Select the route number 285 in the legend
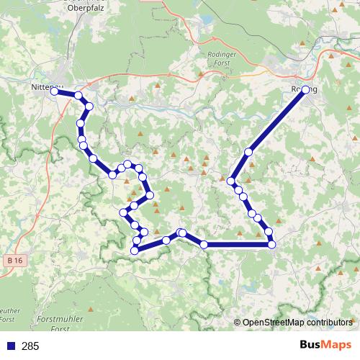[x=30, y=346]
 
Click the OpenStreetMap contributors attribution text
[x=297, y=323]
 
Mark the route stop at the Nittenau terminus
[x=55, y=91]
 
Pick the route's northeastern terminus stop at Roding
[x=306, y=90]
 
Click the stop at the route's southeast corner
[x=271, y=245]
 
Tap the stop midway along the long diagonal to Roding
[x=249, y=152]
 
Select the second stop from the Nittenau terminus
[x=78, y=96]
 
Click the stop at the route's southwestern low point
[x=135, y=250]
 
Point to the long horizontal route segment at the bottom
[x=238, y=245]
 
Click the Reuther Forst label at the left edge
[x=7, y=314]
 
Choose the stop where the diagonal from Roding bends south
[x=232, y=180]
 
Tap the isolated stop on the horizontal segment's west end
[x=204, y=245]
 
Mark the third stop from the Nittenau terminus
[x=89, y=107]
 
